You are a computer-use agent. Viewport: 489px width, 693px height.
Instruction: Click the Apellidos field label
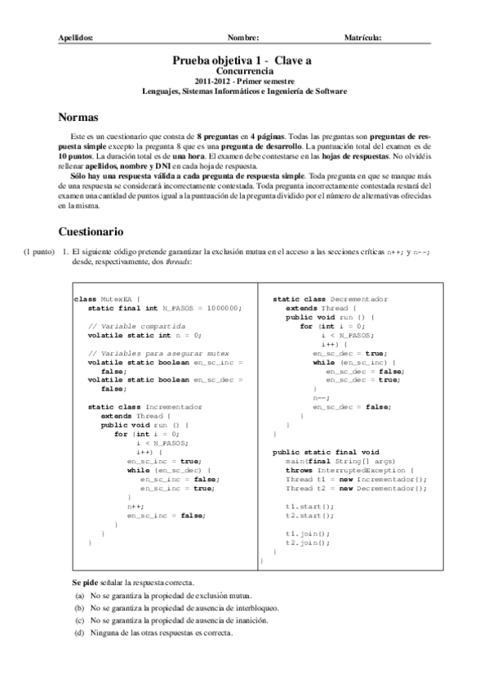tap(77, 38)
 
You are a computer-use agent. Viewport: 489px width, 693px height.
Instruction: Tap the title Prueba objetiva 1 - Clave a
tap(242, 60)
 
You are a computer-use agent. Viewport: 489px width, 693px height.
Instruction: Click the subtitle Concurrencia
tap(242, 71)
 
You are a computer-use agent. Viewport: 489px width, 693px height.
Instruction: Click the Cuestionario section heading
tap(90, 231)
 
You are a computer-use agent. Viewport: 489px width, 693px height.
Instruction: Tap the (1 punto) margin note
tap(38, 253)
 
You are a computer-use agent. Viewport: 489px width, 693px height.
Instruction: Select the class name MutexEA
tap(118, 299)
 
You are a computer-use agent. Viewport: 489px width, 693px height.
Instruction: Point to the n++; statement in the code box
tap(135, 507)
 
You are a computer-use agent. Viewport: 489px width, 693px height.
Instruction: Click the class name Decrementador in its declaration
tap(360, 299)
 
